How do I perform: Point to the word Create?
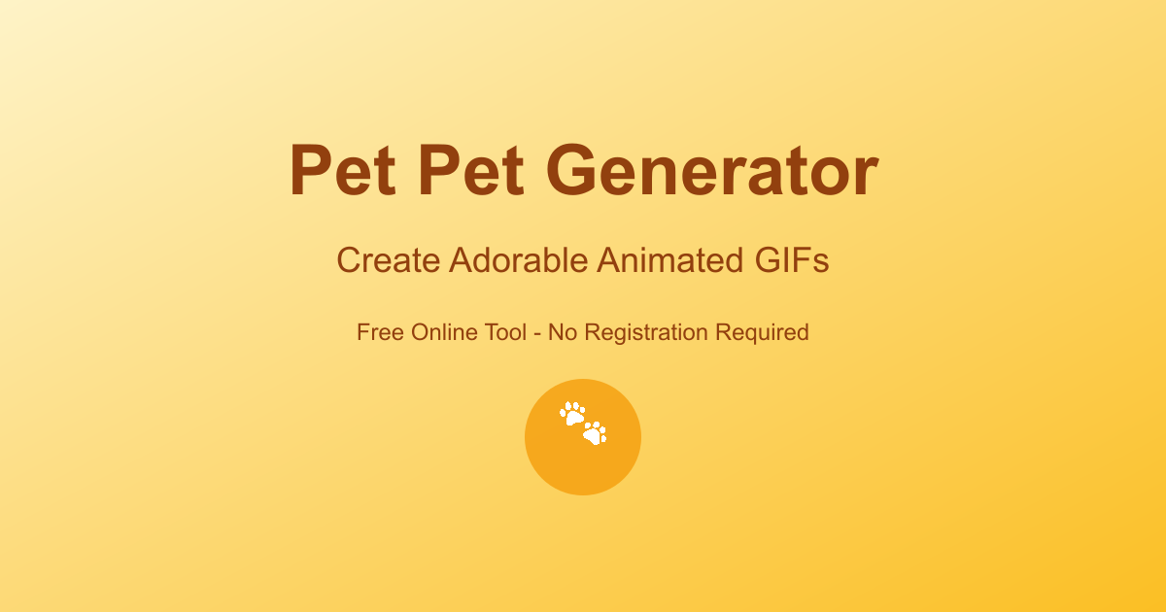(388, 260)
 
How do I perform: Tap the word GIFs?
(792, 260)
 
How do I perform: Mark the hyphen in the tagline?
(538, 333)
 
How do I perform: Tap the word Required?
(762, 333)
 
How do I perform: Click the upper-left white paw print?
(572, 414)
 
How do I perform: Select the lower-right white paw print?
(595, 432)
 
